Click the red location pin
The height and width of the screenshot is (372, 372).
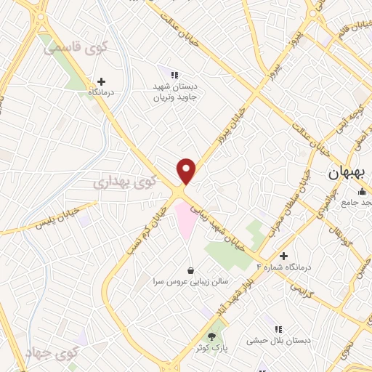187,171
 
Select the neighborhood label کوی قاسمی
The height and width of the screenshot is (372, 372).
75,49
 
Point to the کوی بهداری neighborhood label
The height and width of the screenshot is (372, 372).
124,182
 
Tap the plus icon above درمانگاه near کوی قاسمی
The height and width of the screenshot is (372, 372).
101,81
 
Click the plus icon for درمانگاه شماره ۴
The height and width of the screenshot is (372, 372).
283,256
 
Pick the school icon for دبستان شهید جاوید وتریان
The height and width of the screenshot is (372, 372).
174,74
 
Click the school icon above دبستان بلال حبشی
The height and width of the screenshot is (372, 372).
278,328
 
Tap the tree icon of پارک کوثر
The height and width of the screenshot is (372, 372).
211,336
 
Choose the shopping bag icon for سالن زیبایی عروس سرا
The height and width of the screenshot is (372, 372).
190,270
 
